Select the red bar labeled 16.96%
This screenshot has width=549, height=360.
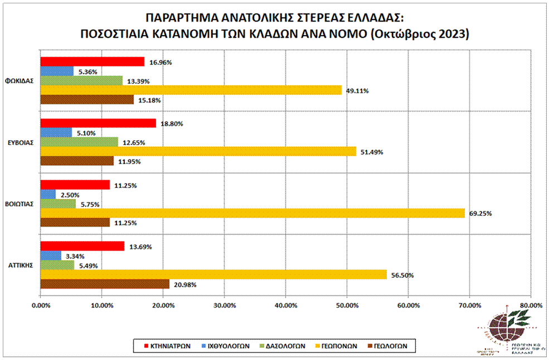[x=92, y=62]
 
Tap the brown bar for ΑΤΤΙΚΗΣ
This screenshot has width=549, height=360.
[x=105, y=284]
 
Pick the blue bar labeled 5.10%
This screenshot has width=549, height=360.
[x=56, y=133]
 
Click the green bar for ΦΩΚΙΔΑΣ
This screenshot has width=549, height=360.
[x=81, y=81]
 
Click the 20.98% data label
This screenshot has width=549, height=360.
[x=184, y=285]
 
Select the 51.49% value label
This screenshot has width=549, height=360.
[x=371, y=152]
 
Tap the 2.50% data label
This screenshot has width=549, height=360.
[x=70, y=195]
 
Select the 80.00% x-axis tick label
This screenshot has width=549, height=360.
[x=530, y=305]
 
